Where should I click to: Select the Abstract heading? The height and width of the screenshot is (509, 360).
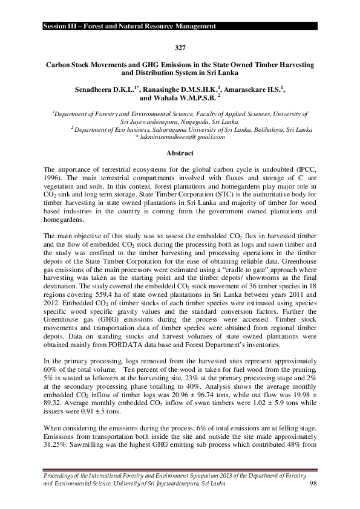pyautogui.click(x=180, y=153)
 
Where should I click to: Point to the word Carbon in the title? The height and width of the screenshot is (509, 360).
pyautogui.click(x=61, y=63)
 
